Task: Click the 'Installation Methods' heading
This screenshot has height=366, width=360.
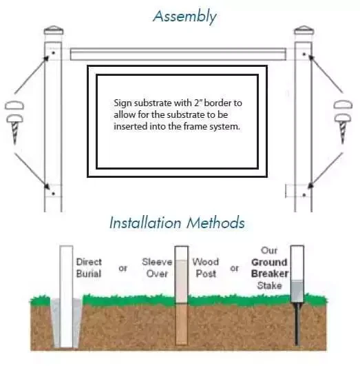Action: click(x=177, y=223)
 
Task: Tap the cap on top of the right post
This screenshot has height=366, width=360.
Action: click(x=304, y=32)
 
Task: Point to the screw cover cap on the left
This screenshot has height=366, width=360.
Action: click(x=16, y=106)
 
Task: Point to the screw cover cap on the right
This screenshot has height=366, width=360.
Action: click(x=342, y=106)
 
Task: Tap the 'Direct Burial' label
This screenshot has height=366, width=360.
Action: click(x=89, y=267)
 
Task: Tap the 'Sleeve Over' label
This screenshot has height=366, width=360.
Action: click(x=157, y=267)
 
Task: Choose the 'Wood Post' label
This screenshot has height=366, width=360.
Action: click(x=204, y=267)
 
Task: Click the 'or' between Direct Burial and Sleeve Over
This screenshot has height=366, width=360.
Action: click(x=123, y=267)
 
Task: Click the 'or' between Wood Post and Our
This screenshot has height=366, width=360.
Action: click(x=234, y=267)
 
